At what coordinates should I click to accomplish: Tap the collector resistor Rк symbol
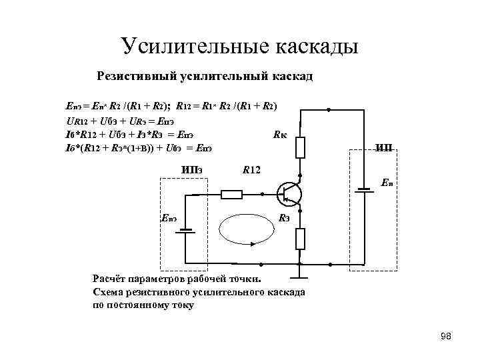coord(301,147)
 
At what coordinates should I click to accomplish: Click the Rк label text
coord(281,135)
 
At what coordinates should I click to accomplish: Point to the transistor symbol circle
coord(289,194)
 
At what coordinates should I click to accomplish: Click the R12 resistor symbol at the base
coord(231,194)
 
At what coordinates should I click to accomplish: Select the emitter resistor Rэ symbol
coord(301,239)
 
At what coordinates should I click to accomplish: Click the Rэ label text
coord(283,218)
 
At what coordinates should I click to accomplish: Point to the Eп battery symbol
coord(364,189)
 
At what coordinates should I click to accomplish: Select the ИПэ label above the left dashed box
coord(191,167)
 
